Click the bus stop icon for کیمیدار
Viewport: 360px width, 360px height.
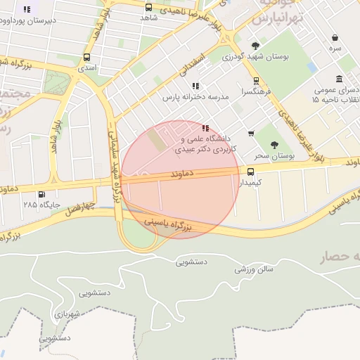point(251,172)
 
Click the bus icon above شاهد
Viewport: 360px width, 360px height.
point(148,8)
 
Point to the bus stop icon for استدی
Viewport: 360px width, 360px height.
point(86,58)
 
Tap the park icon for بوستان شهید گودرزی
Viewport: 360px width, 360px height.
point(255,46)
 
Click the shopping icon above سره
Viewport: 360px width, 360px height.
point(335,37)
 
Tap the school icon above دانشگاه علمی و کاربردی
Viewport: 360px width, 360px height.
point(205,128)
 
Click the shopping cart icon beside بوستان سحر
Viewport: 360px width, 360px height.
point(251,134)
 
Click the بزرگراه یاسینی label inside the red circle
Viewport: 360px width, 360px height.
point(168,224)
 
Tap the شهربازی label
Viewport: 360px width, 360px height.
point(68,314)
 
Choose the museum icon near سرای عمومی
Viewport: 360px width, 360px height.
point(340,79)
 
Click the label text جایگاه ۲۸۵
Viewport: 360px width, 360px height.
point(39,205)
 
